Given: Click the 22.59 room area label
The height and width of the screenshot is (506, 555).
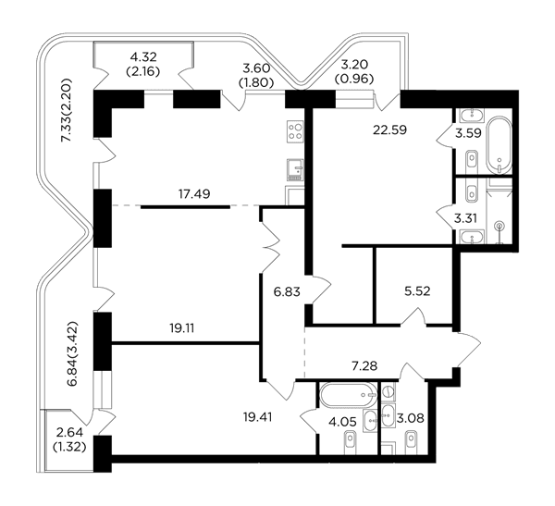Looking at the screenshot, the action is coord(389,130).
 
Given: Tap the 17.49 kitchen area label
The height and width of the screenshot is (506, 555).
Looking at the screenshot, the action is coord(194,194).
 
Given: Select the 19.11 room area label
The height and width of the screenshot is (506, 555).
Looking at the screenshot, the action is coord(182,328).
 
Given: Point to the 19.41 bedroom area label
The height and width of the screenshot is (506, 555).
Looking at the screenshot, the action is coord(258,417).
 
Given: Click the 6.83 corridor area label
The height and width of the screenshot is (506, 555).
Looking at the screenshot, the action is coord(287,291).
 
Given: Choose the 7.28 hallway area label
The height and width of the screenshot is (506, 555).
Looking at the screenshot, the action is coord(364,365).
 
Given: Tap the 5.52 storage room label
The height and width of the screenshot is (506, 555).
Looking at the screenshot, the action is coord(417,291).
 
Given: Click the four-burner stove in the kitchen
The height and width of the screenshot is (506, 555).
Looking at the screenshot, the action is coord(295,131).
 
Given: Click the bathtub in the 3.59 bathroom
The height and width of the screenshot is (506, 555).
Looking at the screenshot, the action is coord(499,145).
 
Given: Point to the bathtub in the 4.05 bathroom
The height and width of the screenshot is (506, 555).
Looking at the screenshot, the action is coord(349,395).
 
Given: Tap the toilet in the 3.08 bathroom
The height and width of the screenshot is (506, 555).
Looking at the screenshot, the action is coord(411,442).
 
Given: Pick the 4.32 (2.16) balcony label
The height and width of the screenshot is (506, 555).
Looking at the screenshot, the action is coord(143,64).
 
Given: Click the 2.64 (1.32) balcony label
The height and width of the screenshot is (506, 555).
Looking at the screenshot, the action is coord(69,439).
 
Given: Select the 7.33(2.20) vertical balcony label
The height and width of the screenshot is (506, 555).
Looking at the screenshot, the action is coord(67,110).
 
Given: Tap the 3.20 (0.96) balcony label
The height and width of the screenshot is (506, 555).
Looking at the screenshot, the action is coord(354,72).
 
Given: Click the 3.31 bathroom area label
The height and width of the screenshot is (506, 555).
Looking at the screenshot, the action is coord(465,218).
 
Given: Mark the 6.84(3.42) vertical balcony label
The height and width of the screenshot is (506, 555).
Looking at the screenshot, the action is coord(72,354).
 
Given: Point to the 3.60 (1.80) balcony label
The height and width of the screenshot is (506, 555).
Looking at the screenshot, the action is coord(256,75).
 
